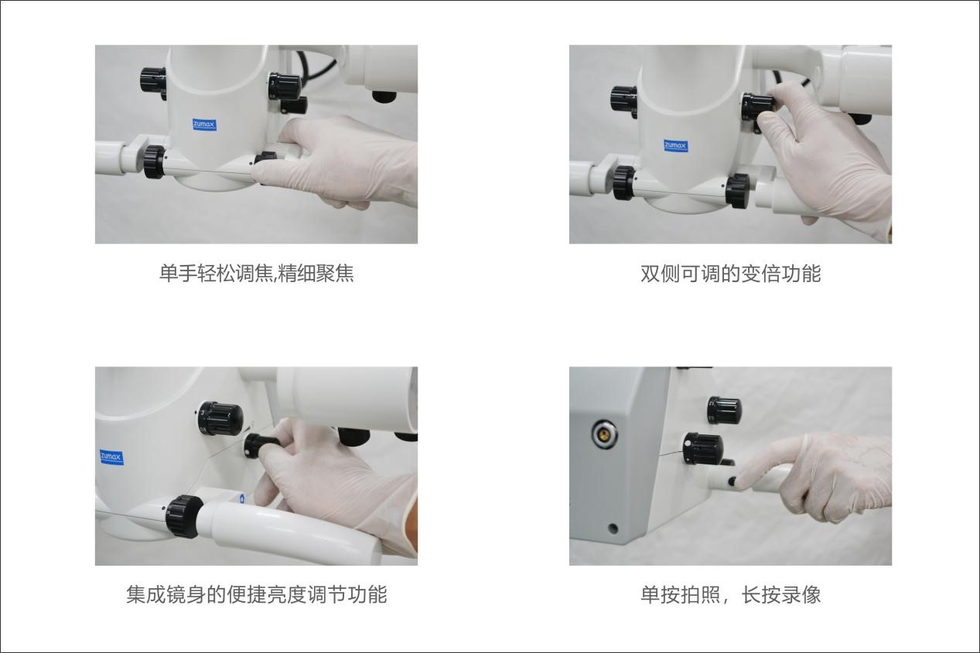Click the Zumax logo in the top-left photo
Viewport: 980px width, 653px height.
pyautogui.click(x=204, y=124)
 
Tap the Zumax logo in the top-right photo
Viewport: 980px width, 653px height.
pyautogui.click(x=675, y=145)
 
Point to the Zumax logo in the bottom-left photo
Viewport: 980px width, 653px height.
pyautogui.click(x=111, y=457)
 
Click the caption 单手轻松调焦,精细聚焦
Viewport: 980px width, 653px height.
pyautogui.click(x=257, y=274)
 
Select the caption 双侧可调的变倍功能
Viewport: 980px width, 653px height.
pyautogui.click(x=731, y=274)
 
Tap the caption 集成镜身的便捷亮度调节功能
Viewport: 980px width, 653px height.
pyautogui.click(x=257, y=595)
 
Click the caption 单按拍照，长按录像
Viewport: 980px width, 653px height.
pyautogui.click(x=731, y=595)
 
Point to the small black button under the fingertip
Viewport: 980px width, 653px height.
pyautogui.click(x=732, y=481)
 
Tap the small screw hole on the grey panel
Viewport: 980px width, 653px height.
pyautogui.click(x=613, y=529)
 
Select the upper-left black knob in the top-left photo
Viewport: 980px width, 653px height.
pyautogui.click(x=152, y=80)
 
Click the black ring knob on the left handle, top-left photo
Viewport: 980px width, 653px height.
pyautogui.click(x=154, y=162)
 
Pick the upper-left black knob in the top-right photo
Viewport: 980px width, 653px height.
pyautogui.click(x=624, y=99)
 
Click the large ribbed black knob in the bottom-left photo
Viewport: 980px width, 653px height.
pyautogui.click(x=220, y=418)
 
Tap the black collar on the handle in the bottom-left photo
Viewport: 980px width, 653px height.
pyautogui.click(x=184, y=516)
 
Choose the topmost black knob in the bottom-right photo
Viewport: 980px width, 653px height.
pyautogui.click(x=725, y=410)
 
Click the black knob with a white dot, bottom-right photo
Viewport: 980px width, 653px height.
pyautogui.click(x=703, y=449)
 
